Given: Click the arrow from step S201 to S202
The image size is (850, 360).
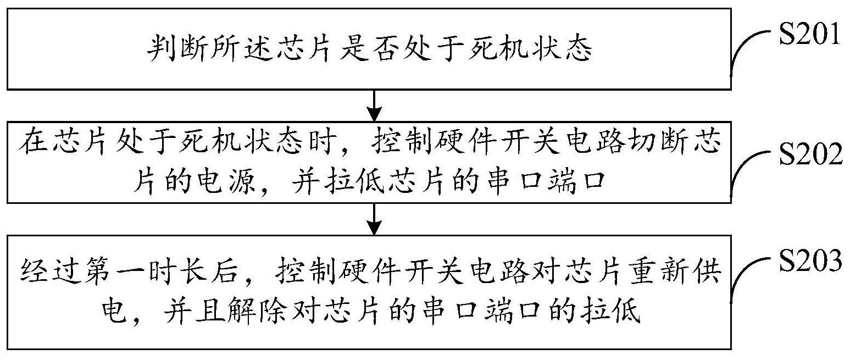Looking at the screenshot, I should click(x=374, y=105).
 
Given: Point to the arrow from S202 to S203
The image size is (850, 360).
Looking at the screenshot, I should click(x=374, y=218).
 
